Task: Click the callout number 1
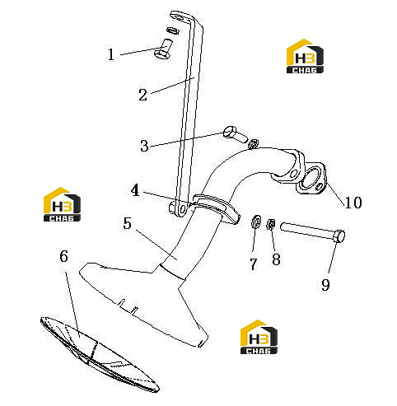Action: [110, 54]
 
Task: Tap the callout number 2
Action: [142, 95]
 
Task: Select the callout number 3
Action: [144, 146]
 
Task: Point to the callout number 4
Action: [135, 190]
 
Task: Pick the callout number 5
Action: [127, 223]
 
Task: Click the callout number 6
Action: [63, 256]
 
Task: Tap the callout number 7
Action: [254, 264]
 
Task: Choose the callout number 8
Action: [276, 259]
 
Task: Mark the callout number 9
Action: [325, 285]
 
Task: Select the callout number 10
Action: [353, 203]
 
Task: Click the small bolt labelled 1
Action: [163, 49]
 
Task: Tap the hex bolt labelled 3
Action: [236, 134]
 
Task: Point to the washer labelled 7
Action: [256, 222]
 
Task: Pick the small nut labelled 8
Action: [271, 225]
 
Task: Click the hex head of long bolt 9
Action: [339, 236]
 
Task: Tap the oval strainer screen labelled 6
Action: [100, 354]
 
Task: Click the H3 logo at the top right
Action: [305, 56]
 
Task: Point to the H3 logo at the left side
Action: [62, 204]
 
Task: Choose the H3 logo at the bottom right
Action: [259, 337]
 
